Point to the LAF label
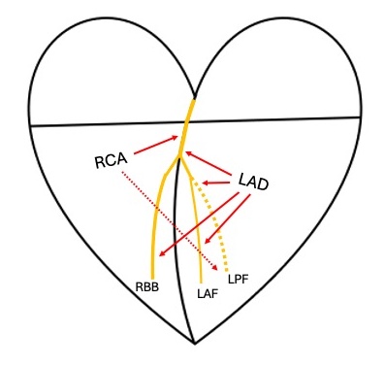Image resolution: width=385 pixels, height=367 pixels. pyautogui.click(x=207, y=293)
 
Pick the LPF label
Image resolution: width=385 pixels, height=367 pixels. pyautogui.click(x=240, y=280)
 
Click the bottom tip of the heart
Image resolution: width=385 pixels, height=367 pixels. pyautogui.click(x=195, y=343)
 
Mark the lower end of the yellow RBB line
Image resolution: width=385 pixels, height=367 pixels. pyautogui.click(x=153, y=276)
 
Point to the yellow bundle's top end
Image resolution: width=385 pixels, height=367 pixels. pyautogui.click(x=194, y=99)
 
